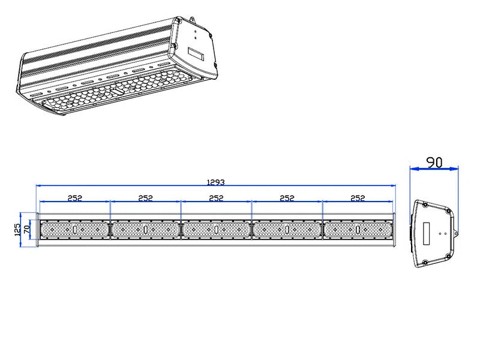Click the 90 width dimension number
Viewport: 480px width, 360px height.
434,162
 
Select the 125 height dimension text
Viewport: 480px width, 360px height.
18,229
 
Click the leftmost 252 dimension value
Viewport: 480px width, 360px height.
74,197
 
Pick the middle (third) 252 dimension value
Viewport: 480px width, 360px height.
216,197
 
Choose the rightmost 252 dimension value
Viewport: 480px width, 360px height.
358,197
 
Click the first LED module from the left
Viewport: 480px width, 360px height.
75,230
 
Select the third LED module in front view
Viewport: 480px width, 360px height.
216,230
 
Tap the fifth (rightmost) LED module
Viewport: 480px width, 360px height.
358,230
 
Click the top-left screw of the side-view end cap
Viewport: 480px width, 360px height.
425,205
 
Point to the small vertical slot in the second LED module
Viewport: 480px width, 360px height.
145,230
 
